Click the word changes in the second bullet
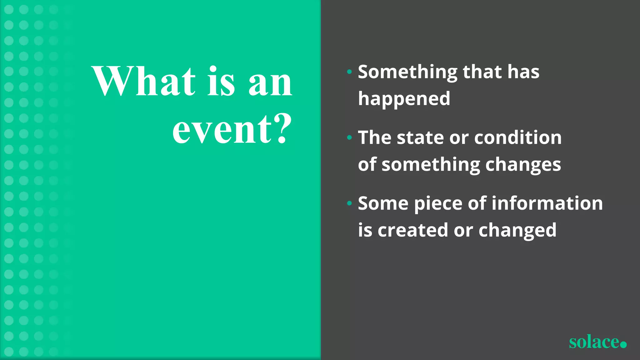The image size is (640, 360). click(x=523, y=165)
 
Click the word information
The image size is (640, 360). click(x=547, y=203)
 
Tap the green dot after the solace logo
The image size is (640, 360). click(x=623, y=344)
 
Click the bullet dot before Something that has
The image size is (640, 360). click(x=349, y=72)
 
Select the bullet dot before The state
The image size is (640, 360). click(x=349, y=138)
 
